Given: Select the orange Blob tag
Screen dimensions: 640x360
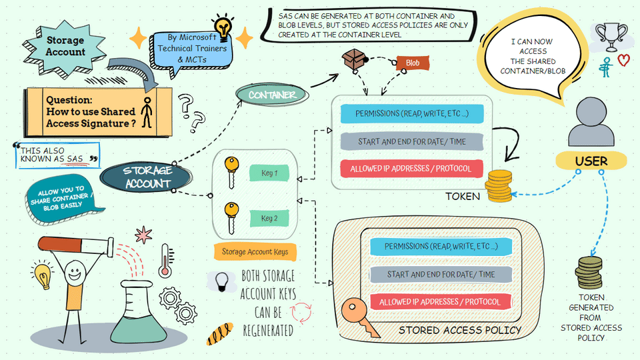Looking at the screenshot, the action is coord(412,63).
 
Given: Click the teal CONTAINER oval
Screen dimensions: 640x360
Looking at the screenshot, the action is coord(272,95).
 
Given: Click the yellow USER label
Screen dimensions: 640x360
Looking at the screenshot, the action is coord(591,161).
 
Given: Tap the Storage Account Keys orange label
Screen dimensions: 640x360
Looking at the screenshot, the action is coord(255,252).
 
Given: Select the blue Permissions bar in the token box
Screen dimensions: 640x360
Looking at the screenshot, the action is coord(411,114).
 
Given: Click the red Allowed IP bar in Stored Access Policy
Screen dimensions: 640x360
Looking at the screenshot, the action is coord(440,302).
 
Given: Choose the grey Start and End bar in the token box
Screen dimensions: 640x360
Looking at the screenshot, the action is coord(411,141).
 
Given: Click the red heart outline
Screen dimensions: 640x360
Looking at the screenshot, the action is coord(623,60).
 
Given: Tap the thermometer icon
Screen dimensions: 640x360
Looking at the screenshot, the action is coord(165,260).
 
